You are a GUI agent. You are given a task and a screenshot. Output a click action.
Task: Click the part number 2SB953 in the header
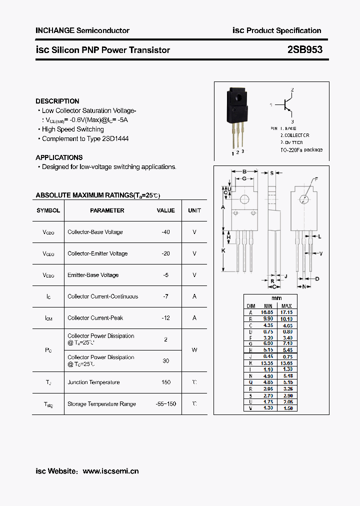pos(305,49)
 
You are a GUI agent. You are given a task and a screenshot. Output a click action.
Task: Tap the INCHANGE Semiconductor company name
pos(82,30)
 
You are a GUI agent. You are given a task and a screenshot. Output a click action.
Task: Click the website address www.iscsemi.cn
pos(110,471)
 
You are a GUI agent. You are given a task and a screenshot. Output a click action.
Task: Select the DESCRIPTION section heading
pos(57,101)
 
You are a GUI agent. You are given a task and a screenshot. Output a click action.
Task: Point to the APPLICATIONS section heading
pos(59,157)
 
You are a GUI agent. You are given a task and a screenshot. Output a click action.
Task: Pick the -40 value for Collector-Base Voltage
pos(165,232)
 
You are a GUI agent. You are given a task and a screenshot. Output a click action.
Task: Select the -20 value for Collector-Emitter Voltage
pos(165,253)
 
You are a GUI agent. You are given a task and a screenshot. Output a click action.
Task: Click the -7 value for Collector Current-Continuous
pos(165,296)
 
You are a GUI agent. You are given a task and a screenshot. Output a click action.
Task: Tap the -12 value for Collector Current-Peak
pos(165,318)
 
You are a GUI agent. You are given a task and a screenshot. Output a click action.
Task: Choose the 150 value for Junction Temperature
pos(165,382)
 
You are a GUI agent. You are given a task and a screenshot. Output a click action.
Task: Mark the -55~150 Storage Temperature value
pos(165,404)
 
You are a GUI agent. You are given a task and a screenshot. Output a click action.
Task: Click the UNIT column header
pos(194,210)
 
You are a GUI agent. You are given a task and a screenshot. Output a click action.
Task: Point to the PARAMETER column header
pos(107,210)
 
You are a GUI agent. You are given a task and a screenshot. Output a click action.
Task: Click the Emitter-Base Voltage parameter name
pos(93,275)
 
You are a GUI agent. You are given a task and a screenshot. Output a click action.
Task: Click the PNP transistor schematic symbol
pos(286,104)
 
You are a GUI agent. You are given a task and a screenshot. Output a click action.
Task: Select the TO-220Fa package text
pos(301,149)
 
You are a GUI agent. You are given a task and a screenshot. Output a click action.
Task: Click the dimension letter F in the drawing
pos(316,178)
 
